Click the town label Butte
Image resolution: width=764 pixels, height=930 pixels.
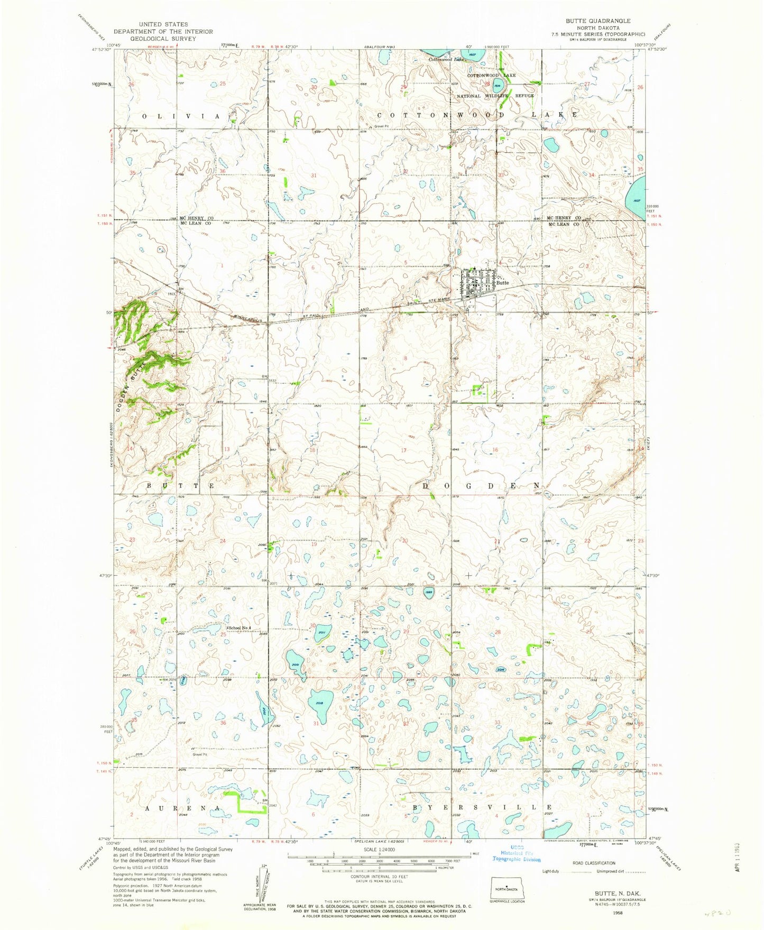pos(502,283)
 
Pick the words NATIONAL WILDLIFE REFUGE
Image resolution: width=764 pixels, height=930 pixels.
pos(495,96)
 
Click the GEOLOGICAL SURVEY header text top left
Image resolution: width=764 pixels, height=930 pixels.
pos(163,39)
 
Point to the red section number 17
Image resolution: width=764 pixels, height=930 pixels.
pos(403,450)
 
